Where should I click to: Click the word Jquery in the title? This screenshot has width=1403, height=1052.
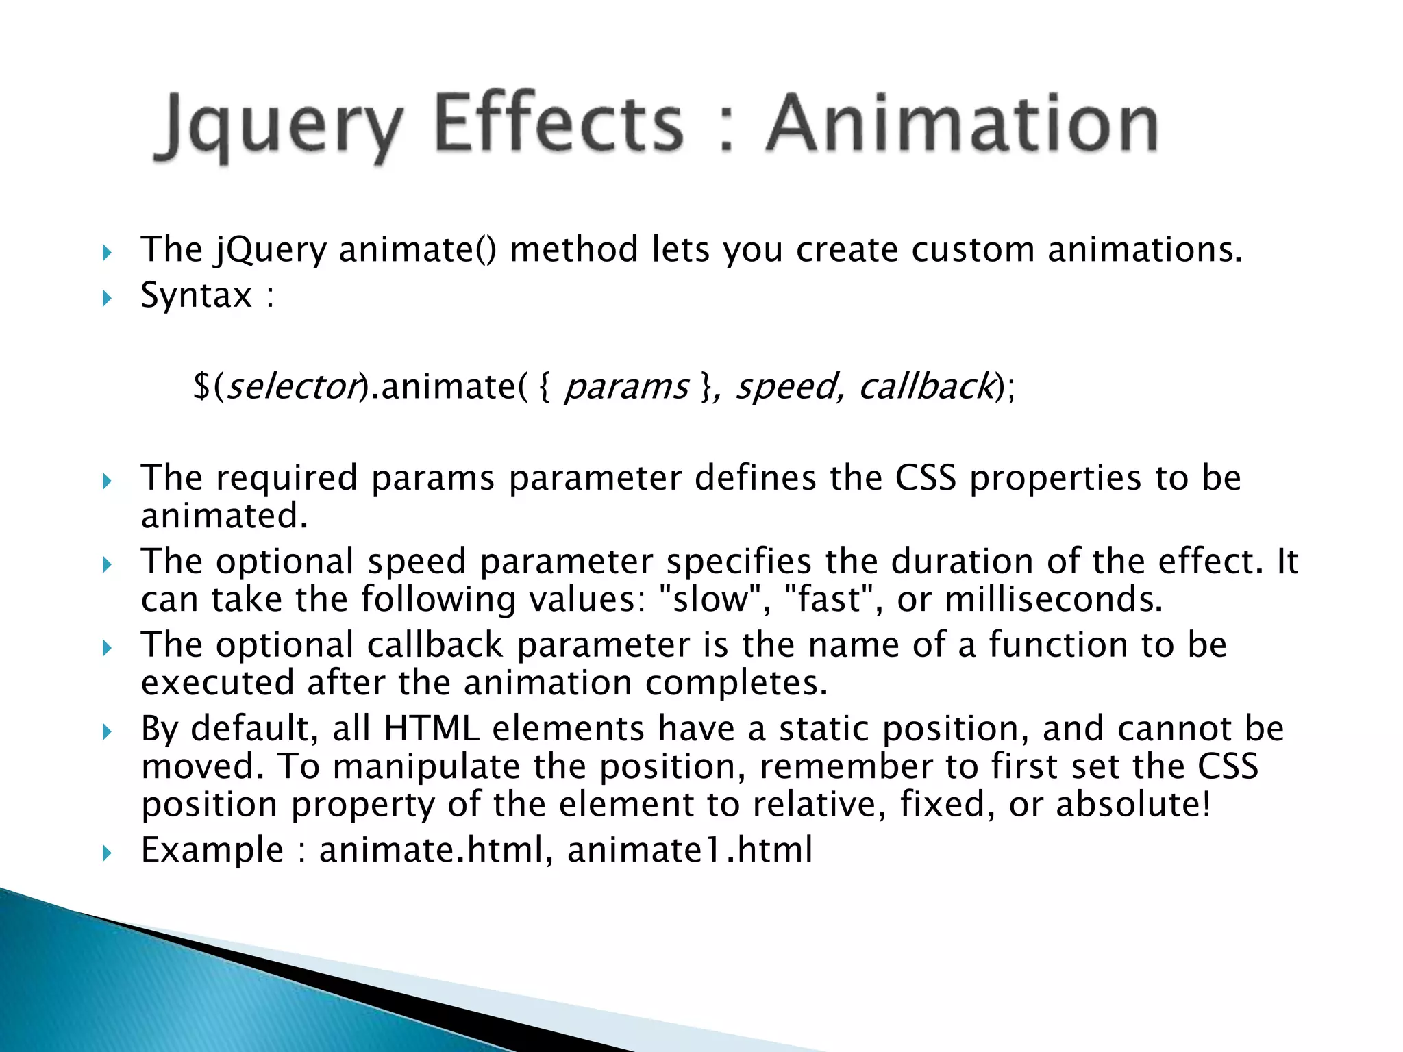click(277, 127)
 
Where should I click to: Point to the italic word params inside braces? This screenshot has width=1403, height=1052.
click(625, 388)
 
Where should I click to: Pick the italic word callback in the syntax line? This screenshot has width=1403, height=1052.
click(926, 386)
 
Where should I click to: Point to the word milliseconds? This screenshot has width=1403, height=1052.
click(1052, 599)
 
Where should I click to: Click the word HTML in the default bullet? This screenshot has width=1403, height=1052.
click(432, 728)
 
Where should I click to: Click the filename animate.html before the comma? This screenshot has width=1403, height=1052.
click(431, 850)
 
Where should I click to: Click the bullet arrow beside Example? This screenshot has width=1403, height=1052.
click(106, 853)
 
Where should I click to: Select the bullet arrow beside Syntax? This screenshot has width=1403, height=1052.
click(106, 299)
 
